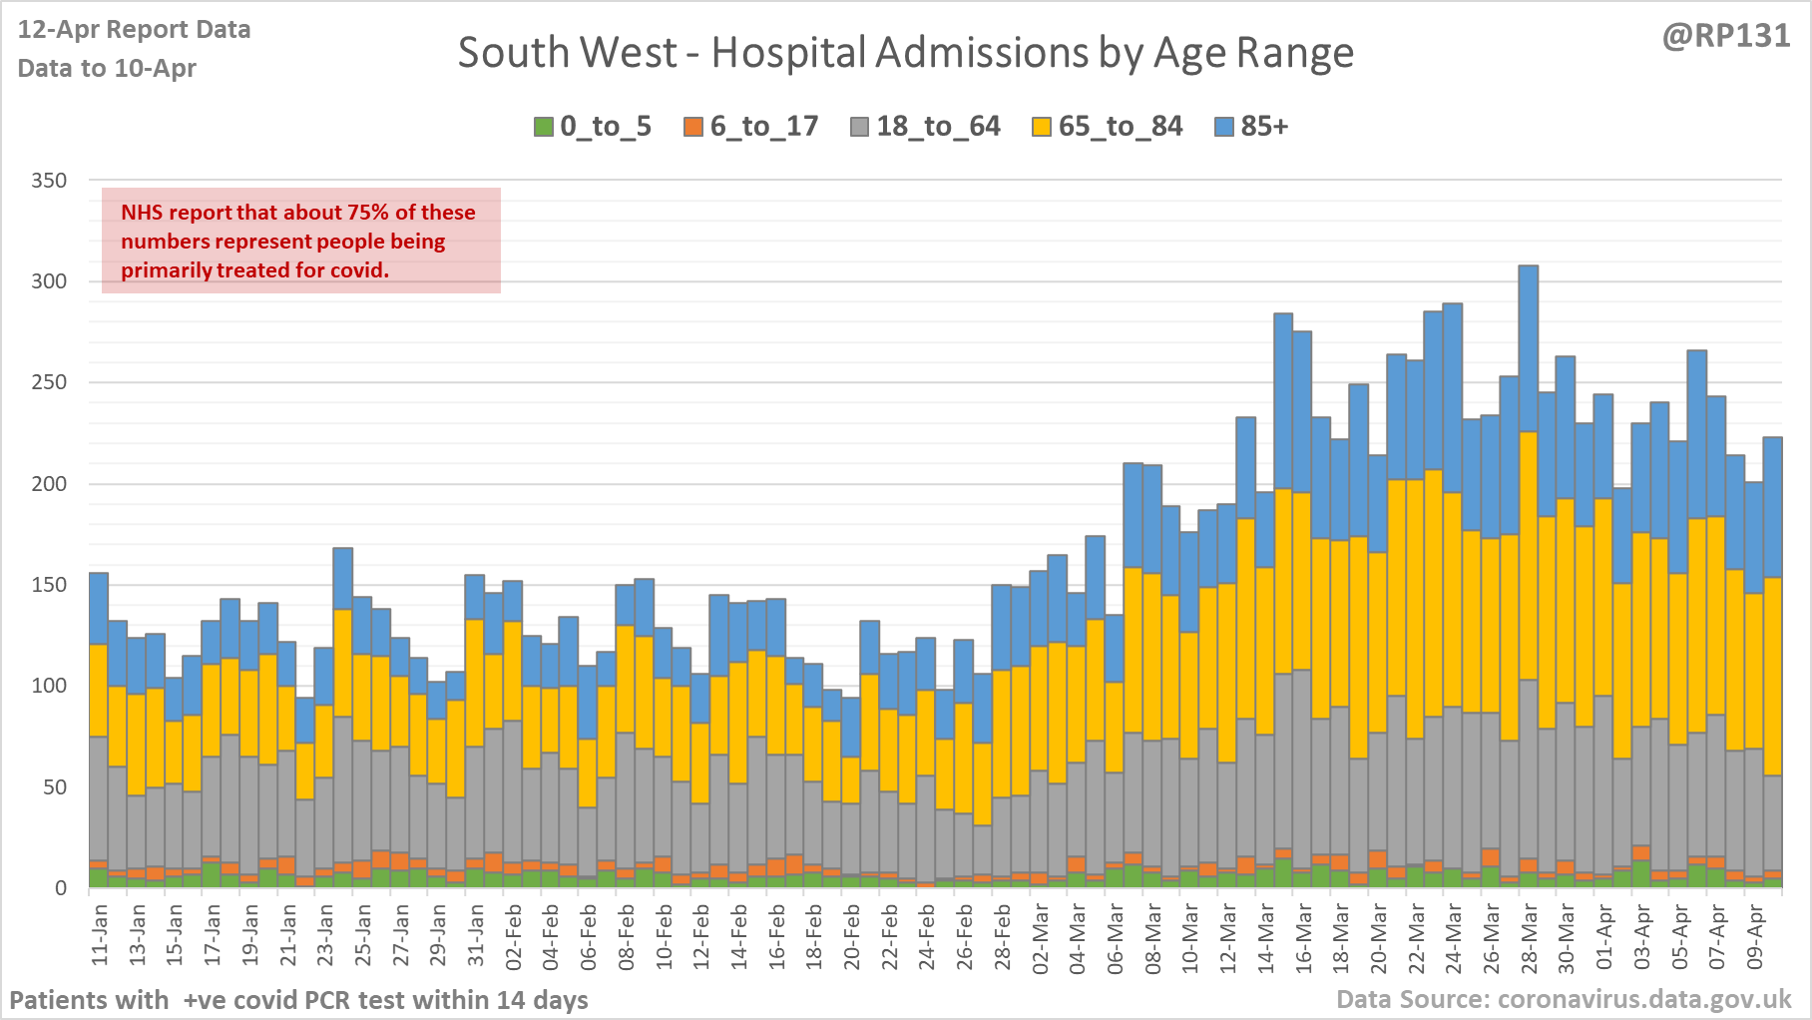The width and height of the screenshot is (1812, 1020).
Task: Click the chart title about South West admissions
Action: [x=905, y=53]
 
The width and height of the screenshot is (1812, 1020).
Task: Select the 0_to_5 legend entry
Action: [x=593, y=127]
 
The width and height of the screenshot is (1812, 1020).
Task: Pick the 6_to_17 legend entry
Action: [x=751, y=127]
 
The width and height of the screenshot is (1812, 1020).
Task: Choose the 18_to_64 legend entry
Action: [x=925, y=127]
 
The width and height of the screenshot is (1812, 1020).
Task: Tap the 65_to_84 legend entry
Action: [x=1108, y=127]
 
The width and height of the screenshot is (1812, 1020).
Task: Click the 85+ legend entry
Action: [x=1252, y=127]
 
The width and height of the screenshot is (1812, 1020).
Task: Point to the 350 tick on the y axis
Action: [x=49, y=181]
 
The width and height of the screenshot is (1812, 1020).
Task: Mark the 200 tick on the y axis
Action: [x=49, y=484]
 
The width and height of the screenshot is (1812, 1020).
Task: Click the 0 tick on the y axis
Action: [x=61, y=888]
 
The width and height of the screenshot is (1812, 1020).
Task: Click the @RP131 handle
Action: [x=1726, y=36]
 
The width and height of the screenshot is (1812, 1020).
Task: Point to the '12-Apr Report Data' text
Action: [x=134, y=30]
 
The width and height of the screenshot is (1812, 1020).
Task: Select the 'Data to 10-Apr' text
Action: [x=107, y=68]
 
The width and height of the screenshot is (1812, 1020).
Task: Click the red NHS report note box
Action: [x=300, y=241]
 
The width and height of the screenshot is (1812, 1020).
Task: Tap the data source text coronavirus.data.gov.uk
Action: [x=1564, y=999]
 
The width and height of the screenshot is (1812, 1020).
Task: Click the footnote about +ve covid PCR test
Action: [x=298, y=999]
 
